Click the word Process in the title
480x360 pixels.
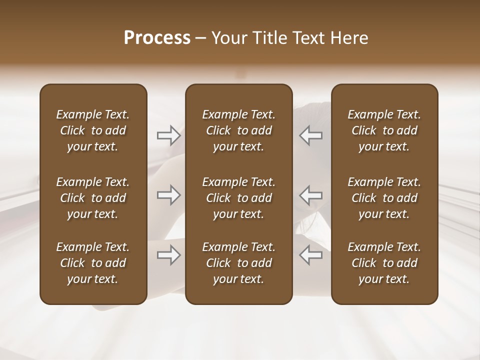157,38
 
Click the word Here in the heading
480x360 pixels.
349,38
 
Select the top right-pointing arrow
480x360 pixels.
168,135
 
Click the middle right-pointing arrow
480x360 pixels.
168,195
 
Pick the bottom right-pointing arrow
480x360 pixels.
168,255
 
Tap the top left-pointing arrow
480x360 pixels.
311,135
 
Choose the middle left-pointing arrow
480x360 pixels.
311,195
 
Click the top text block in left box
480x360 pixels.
93,130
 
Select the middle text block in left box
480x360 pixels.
93,198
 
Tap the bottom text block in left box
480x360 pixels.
93,263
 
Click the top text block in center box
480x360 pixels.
239,130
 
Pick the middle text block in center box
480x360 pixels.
239,198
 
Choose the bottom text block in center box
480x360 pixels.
239,263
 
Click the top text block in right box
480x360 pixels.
384,130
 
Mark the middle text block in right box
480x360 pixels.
384,198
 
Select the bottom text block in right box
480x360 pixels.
384,263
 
